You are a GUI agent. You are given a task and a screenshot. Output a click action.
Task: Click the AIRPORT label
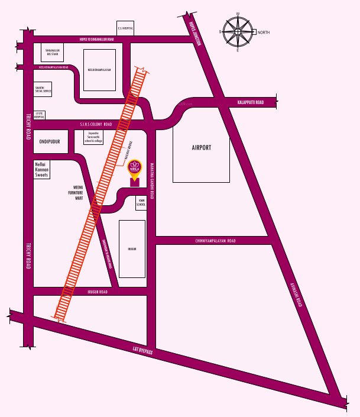(x=200, y=148)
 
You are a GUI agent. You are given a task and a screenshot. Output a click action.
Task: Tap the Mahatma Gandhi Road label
(x=151, y=178)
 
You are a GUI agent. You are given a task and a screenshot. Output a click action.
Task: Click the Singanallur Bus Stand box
(x=53, y=54)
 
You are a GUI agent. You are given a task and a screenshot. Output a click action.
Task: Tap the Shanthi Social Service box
(x=44, y=89)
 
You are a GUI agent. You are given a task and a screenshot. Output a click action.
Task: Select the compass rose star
(x=238, y=32)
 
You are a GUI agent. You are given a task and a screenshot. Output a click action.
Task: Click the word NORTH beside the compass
(x=264, y=32)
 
